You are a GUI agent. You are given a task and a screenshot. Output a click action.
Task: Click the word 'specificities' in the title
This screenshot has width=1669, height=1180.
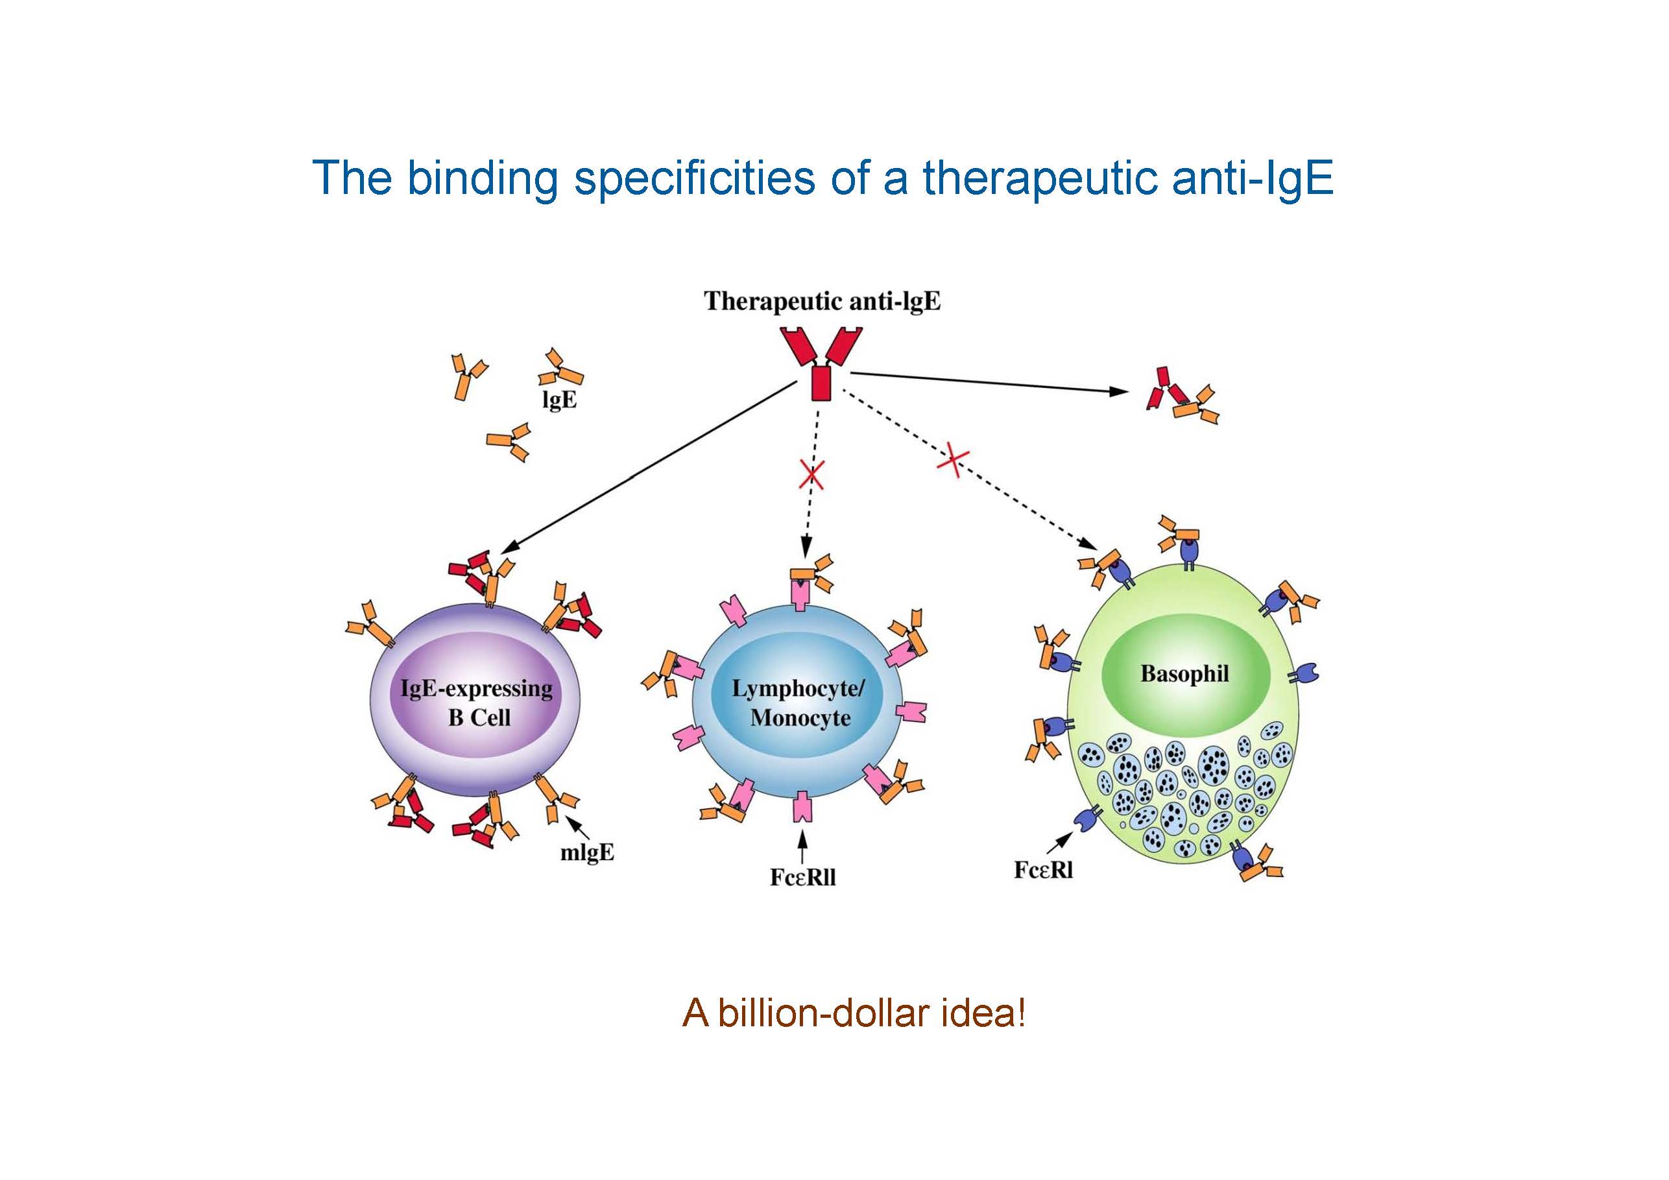pyautogui.click(x=694, y=178)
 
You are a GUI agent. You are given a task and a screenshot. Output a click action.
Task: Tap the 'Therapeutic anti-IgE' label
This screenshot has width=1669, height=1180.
pyautogui.click(x=822, y=301)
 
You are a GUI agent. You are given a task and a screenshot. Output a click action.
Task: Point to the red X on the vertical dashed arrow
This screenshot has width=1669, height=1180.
pyautogui.click(x=811, y=475)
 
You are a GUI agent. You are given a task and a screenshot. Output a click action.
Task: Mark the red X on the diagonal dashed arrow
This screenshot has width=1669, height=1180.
pyautogui.click(x=953, y=460)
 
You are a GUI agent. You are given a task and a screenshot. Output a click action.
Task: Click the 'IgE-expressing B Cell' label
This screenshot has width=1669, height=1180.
pyautogui.click(x=477, y=703)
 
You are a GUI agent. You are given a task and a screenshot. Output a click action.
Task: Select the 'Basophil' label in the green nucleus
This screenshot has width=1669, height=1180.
pyautogui.click(x=1184, y=674)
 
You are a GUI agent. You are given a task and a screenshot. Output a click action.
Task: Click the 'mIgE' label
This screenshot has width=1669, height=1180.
pyautogui.click(x=586, y=853)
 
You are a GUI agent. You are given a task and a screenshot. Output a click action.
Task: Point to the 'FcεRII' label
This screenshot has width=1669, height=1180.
pyautogui.click(x=802, y=878)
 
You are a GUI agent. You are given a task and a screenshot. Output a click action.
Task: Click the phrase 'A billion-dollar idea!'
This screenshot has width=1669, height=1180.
pyautogui.click(x=854, y=1013)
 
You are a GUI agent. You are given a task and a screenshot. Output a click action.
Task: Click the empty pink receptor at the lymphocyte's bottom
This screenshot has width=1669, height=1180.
pyautogui.click(x=802, y=806)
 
